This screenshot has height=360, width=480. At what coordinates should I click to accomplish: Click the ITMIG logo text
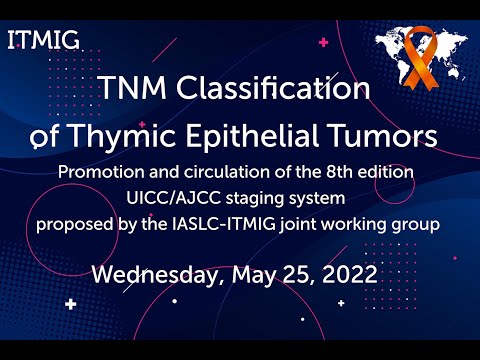click(x=43, y=41)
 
